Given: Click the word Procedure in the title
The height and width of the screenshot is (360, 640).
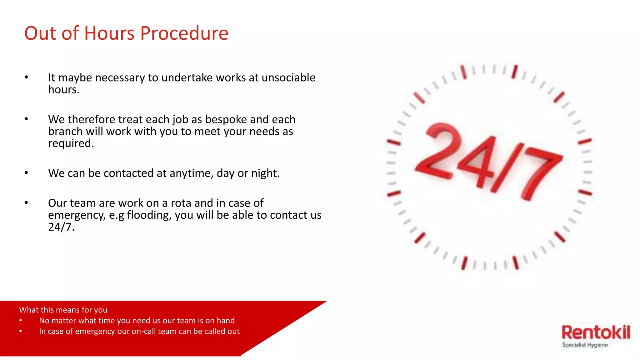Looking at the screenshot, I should point(184,33).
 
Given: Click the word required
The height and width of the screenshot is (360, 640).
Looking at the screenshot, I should point(71,143).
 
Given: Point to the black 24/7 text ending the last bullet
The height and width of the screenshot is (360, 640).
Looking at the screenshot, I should point(61,227).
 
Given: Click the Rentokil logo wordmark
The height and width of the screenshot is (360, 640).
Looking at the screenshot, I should point(596,332).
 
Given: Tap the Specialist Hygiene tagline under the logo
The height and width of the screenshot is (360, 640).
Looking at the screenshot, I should point(585,345).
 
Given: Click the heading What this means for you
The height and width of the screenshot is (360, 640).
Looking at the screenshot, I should point(63,310).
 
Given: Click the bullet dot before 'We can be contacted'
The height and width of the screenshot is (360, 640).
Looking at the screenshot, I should point(26,173).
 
